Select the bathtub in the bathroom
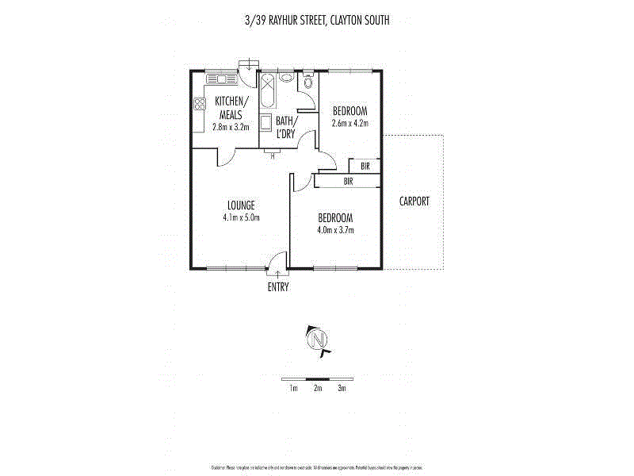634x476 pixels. click(267, 94)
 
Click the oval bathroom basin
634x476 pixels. click(285, 79)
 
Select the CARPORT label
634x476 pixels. click(414, 202)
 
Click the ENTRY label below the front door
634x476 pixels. click(277, 287)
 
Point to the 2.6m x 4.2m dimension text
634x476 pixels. click(349, 123)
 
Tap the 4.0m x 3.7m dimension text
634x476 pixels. click(335, 230)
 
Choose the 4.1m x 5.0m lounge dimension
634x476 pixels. click(241, 217)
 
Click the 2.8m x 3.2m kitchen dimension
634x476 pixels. click(231, 127)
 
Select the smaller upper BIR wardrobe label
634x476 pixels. click(365, 167)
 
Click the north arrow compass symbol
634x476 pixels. click(317, 340)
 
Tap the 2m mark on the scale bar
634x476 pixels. click(317, 388)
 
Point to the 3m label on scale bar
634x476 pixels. click(342, 388)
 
